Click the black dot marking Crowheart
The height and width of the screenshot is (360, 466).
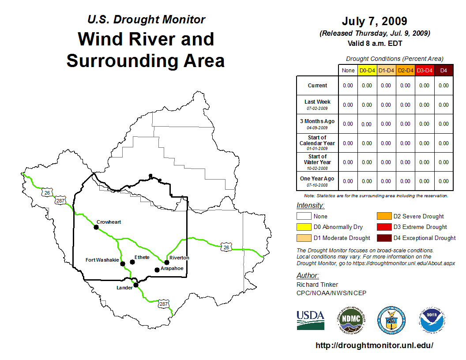(96, 227)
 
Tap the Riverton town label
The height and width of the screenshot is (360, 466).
(179, 258)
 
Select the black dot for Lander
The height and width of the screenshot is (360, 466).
(136, 285)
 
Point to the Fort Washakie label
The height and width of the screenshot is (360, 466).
(102, 260)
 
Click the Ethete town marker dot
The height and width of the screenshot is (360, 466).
(132, 262)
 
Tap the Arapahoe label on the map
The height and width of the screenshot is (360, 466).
(172, 268)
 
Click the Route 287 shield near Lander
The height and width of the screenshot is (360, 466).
(163, 304)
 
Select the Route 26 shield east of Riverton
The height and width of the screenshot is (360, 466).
(226, 247)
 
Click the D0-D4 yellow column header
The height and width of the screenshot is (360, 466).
(367, 71)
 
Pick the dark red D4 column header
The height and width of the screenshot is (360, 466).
(443, 71)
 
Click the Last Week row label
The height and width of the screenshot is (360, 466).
(317, 105)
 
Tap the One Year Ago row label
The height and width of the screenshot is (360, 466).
(317, 181)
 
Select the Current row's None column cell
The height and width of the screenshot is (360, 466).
(348, 86)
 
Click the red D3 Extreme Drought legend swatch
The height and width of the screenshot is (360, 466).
(384, 227)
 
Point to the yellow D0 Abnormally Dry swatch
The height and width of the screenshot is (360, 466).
(304, 227)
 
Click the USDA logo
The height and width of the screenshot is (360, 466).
(311, 320)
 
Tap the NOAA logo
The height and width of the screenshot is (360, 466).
(432, 320)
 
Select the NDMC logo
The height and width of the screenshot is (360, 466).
(351, 320)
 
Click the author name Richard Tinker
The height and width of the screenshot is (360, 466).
(317, 285)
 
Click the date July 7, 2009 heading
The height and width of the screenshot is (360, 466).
(375, 21)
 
